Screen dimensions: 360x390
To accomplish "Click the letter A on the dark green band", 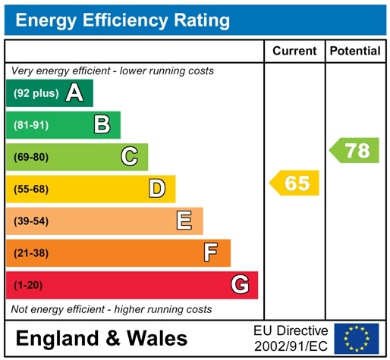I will coord(74,93).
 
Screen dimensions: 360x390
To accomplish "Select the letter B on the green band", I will coord(102,125).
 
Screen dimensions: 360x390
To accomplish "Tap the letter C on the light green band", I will coord(130,157).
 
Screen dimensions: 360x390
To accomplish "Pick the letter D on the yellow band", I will coord(157,189).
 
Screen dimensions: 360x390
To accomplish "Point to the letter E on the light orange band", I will coord(184,221).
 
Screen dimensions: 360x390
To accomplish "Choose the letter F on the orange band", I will coord(211,252).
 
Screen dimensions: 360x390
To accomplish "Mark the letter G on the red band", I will coord(239,285).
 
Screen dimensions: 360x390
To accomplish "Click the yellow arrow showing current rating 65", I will coord(295,183).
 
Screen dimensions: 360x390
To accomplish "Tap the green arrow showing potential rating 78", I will coord(354,150).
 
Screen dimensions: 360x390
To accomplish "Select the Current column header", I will coord(294,52).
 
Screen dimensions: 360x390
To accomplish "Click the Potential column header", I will coord(355,52).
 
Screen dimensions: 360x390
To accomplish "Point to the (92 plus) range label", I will coord(35,93).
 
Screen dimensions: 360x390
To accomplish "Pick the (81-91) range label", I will coord(31,125).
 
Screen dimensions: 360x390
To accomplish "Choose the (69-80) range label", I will coord(31,157).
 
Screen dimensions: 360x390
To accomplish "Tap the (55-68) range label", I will coord(31,189).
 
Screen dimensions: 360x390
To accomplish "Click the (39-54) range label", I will coord(31,221).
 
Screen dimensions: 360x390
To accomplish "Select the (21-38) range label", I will coord(31,252).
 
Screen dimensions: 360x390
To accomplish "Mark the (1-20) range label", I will coord(29,285).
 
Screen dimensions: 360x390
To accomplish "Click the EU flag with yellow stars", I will coord(357,338).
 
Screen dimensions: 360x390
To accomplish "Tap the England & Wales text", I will coord(101,338).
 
